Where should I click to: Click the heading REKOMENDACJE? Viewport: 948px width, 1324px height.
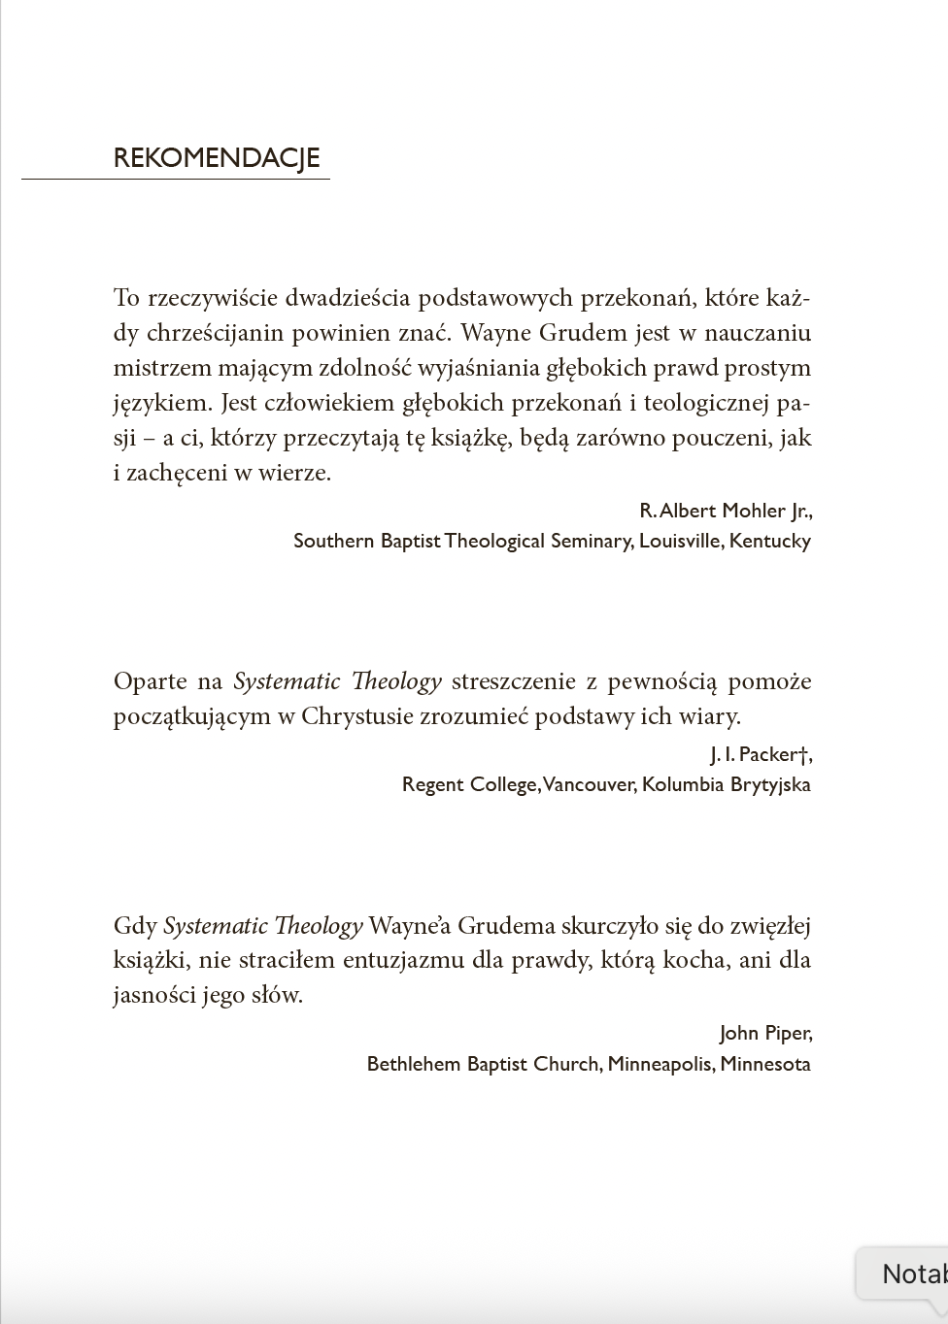click(x=217, y=158)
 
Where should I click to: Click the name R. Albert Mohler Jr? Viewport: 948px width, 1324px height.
click(x=725, y=511)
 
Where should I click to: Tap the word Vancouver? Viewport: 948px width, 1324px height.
click(x=588, y=784)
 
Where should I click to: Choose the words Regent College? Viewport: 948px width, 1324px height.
click(x=470, y=784)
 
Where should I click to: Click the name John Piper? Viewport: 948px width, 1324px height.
click(x=763, y=1033)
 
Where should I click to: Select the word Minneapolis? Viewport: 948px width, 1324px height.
click(x=659, y=1064)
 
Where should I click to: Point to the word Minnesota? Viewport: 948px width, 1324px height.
click(x=765, y=1064)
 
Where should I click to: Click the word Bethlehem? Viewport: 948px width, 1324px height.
click(x=415, y=1064)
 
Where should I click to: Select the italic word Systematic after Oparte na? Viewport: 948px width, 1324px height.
click(x=287, y=681)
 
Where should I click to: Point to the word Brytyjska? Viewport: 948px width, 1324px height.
click(x=770, y=784)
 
